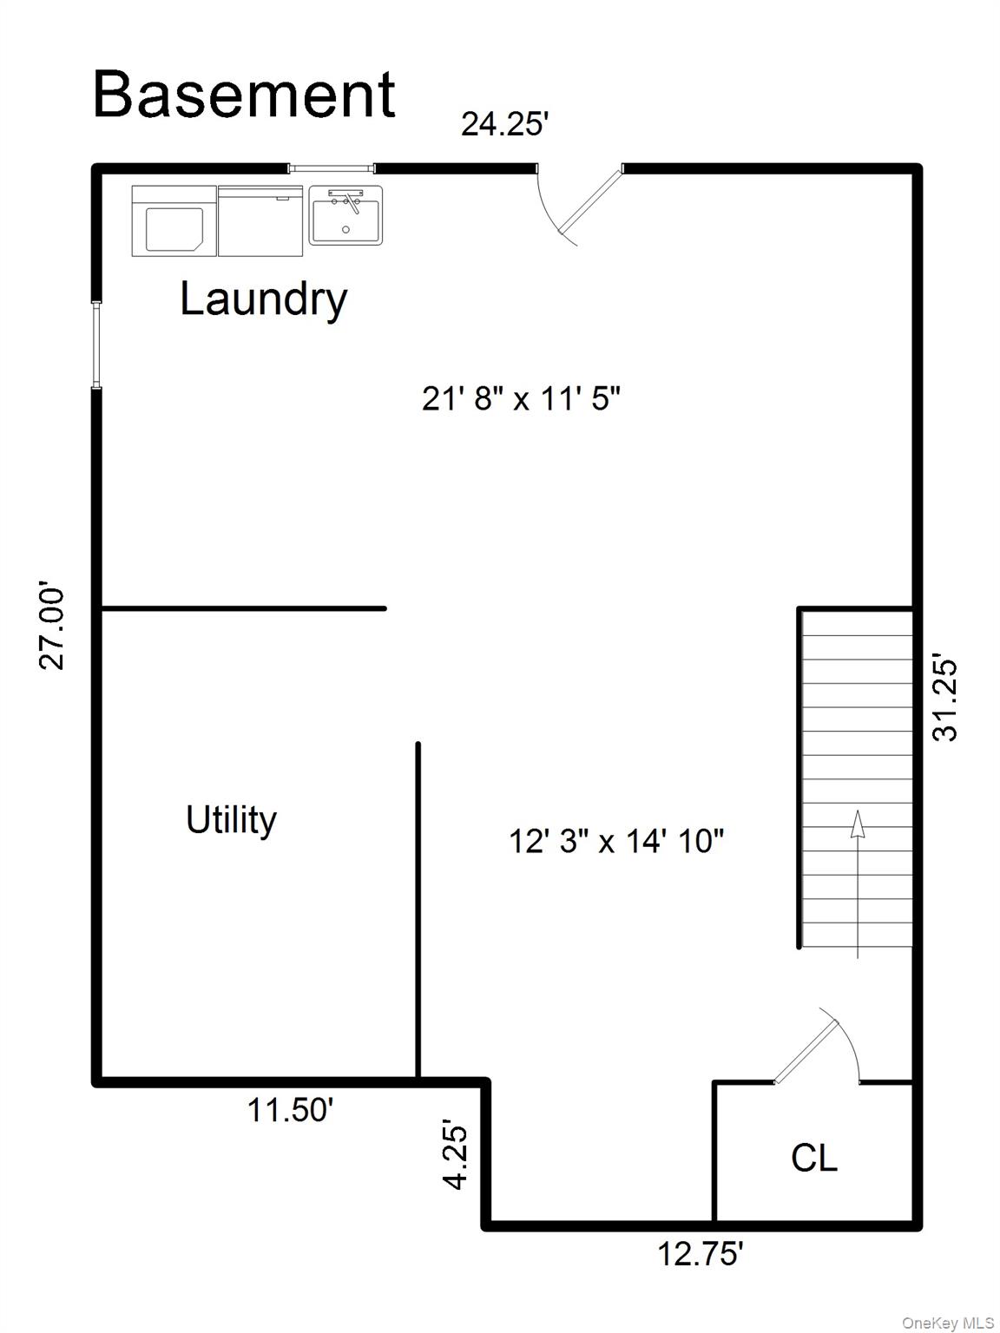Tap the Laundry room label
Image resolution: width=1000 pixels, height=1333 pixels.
(264, 299)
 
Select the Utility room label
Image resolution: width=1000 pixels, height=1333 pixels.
(231, 822)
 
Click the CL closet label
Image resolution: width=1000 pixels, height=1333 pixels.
(814, 1157)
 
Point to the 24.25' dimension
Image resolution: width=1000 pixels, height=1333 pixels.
(504, 124)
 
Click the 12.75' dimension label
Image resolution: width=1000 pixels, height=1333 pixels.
(701, 1253)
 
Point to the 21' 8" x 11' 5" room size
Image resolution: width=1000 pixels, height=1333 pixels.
(521, 399)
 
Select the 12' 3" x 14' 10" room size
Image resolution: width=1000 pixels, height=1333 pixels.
(616, 841)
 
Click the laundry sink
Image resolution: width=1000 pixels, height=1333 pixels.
(345, 215)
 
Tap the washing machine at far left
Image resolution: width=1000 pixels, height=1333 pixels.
(174, 221)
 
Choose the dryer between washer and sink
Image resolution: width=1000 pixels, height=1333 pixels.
(260, 221)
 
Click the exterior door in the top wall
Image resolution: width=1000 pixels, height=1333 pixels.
(580, 203)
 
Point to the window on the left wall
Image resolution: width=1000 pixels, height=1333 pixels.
(96, 345)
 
